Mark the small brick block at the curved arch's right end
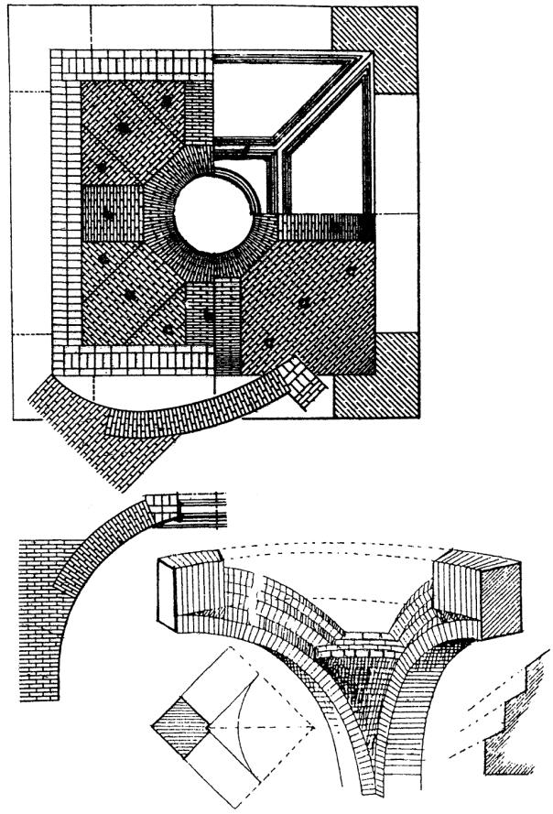coord(303,379)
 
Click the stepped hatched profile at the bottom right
coord(508,723)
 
